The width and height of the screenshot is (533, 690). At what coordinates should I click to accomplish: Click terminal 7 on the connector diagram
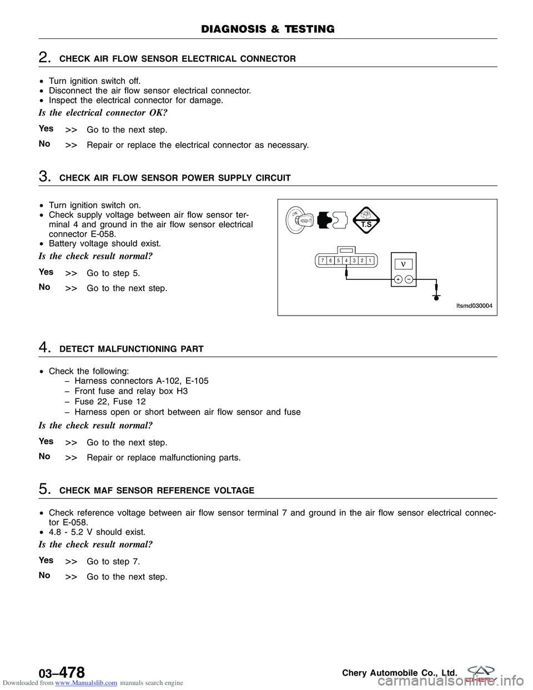(323, 261)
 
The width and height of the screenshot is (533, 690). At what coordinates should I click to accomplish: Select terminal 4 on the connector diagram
(346, 261)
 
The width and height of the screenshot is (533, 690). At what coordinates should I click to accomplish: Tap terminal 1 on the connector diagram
(370, 261)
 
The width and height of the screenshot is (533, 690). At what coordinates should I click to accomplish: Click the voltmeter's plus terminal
(398, 279)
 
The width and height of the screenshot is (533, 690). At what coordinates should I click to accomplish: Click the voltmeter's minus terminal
(409, 279)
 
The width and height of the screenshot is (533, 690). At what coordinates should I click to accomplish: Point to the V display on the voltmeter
(404, 264)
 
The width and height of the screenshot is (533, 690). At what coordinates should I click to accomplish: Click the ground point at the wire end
(436, 297)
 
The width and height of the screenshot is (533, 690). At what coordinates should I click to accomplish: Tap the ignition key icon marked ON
(300, 220)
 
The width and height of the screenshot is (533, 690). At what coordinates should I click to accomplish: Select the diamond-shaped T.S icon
(366, 221)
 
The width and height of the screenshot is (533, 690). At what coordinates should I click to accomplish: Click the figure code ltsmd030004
(474, 306)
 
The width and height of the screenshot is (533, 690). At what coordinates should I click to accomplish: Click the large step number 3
(44, 177)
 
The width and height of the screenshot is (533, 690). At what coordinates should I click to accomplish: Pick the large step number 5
(44, 489)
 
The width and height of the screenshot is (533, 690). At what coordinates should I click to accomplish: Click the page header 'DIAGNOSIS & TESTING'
(268, 29)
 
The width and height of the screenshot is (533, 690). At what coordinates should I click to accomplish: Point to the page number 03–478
(62, 673)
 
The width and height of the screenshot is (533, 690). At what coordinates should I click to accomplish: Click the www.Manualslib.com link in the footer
(86, 683)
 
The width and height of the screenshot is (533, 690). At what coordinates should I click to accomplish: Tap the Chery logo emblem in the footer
(481, 672)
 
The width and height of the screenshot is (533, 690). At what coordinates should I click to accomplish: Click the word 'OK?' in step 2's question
(158, 113)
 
